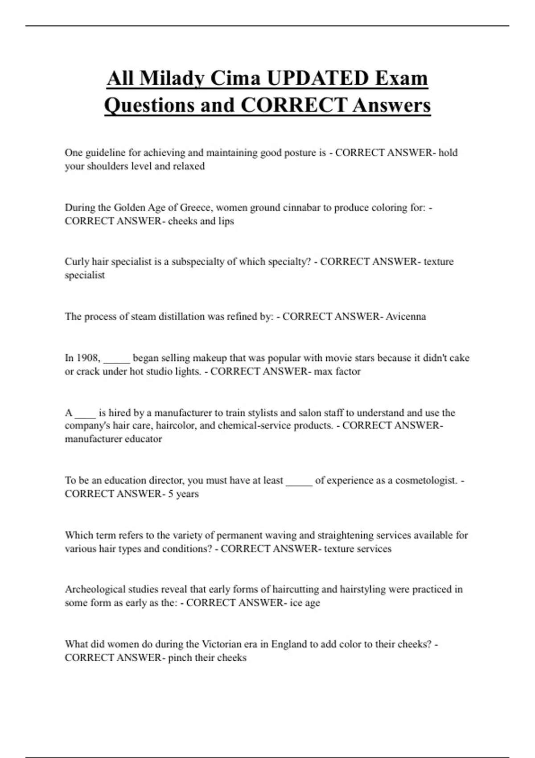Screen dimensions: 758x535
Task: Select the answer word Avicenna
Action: coord(406,317)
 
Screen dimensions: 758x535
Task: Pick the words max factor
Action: coord(337,371)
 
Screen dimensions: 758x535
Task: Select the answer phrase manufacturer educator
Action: coord(113,439)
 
